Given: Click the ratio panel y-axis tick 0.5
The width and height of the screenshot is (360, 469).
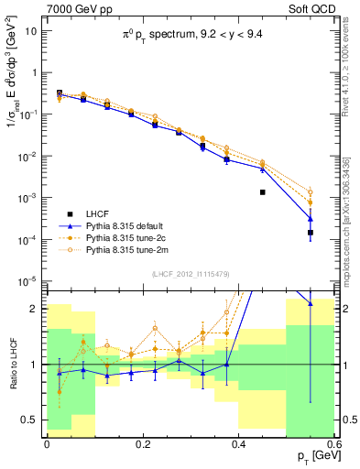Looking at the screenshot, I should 35,420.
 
